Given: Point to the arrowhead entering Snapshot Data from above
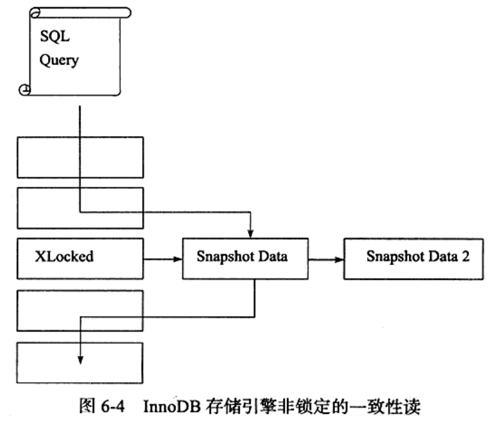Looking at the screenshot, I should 251,232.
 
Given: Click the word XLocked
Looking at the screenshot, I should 64,256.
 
